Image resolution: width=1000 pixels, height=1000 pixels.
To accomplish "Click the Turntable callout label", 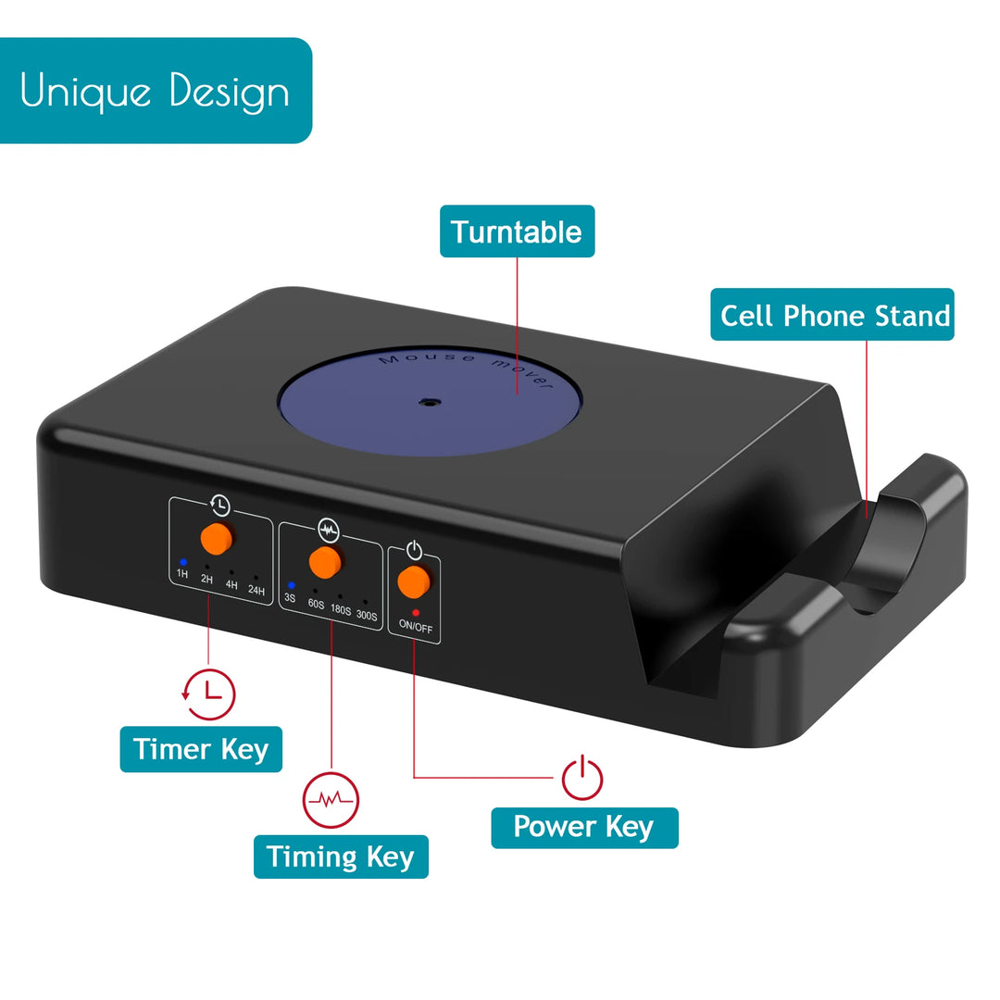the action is coord(518,231).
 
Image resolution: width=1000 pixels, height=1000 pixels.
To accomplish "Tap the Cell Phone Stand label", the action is coord(832,315).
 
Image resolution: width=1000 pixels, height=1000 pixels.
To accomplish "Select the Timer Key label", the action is coord(201,749).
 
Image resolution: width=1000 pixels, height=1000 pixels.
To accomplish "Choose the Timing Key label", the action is coord(341,856).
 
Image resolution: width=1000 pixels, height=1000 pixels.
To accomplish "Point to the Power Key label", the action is coord(584,827).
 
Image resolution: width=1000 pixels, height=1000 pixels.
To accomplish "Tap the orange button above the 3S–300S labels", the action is coord(325,563).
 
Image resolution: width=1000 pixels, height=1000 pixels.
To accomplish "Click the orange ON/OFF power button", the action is coord(413,581).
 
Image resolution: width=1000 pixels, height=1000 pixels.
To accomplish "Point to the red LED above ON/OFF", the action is coord(416,613).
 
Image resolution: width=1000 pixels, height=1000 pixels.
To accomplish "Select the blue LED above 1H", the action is coord(183,562).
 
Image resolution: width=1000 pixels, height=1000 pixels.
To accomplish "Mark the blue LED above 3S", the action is coord(292,585).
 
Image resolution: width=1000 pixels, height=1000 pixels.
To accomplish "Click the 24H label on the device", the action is coord(256,591).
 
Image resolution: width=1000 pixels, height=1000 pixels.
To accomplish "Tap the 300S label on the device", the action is coord(367,616).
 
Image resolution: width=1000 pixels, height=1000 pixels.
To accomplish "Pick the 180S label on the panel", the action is coord(341,610).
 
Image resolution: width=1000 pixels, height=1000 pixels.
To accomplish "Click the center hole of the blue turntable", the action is coord(431,403).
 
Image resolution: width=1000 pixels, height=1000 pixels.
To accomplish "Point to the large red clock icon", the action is coord(208,694).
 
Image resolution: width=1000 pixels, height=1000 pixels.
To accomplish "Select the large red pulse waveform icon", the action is coord(331,800).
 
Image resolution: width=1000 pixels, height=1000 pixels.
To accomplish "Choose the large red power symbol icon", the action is coord(581,778).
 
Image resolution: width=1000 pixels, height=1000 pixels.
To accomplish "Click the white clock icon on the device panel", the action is coord(220,506).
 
